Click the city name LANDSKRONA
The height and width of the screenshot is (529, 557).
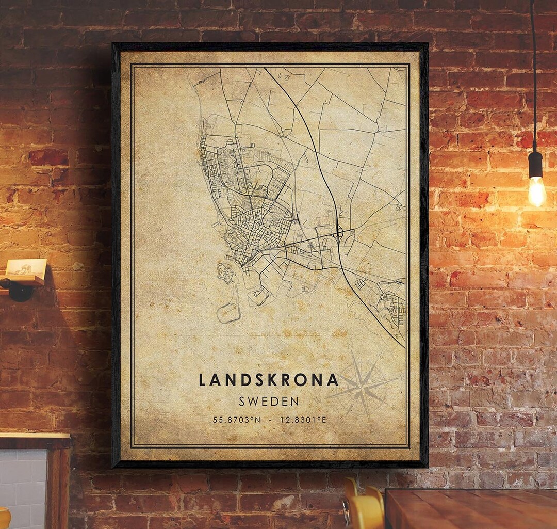tap(269, 380)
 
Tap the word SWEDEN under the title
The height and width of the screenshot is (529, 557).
tap(269, 401)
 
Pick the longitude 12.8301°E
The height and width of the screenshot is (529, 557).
tap(303, 420)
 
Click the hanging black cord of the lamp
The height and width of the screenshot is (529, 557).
tap(533, 77)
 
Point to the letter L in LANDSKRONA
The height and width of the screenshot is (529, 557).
tap(203, 380)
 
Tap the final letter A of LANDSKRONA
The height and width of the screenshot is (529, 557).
tap(333, 380)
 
